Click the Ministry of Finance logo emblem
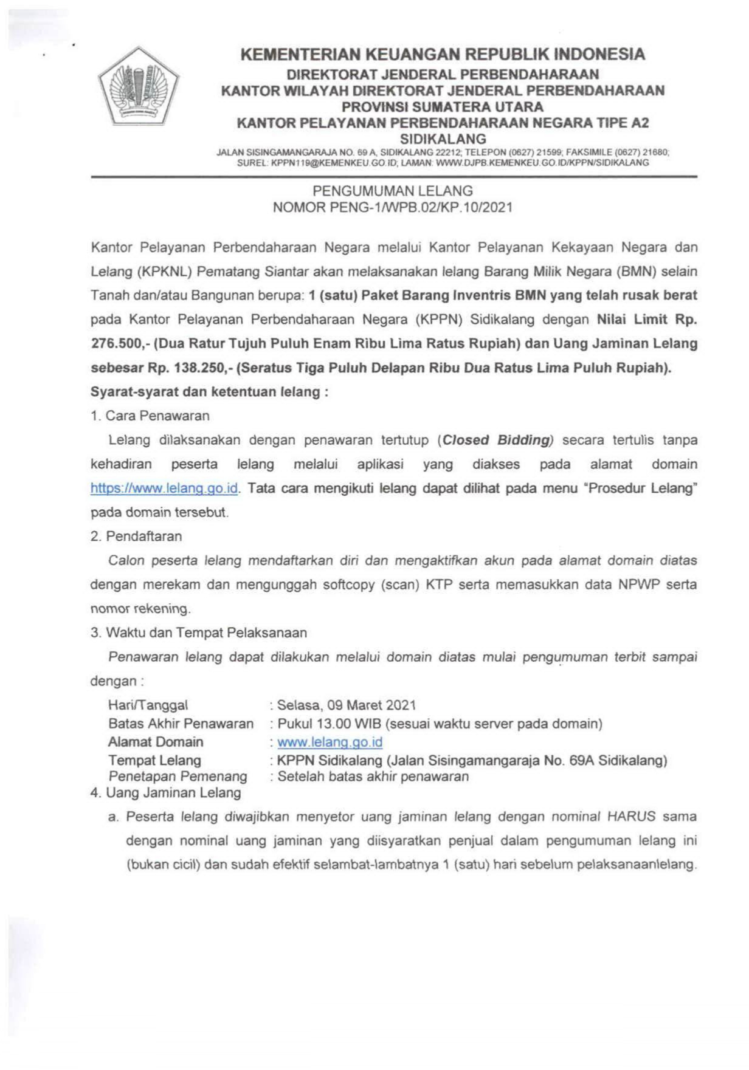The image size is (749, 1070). click(139, 86)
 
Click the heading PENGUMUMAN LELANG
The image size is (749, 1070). click(392, 191)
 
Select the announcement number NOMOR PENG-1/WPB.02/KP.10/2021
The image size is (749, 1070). click(392, 207)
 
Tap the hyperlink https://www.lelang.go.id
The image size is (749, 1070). click(164, 488)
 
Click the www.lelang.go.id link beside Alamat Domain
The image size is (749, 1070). click(330, 742)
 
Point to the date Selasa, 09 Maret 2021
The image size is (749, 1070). click(347, 705)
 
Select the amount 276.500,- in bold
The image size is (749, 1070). click(119, 344)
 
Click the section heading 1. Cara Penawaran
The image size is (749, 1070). click(150, 416)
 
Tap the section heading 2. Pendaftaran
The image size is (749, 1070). click(136, 537)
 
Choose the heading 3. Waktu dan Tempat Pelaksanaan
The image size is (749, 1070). click(198, 633)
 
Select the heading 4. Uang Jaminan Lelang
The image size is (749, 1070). click(165, 793)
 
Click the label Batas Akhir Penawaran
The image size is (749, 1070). click(181, 724)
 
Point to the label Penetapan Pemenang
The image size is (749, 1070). click(178, 777)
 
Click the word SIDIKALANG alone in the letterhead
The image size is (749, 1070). click(443, 139)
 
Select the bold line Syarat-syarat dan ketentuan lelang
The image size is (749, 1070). click(209, 392)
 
